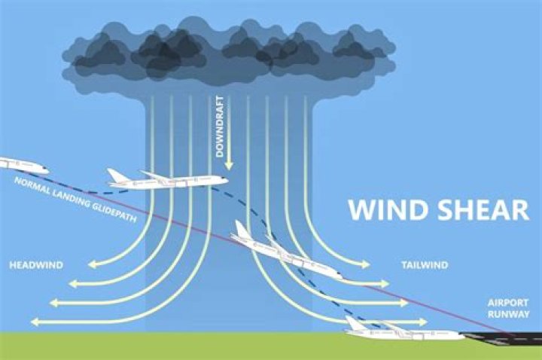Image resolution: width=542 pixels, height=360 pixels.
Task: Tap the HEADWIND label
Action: click(35, 265)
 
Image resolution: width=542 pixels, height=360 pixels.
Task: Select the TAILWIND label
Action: click(425, 265)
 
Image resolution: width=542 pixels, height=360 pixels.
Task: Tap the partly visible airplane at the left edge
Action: click(23, 165)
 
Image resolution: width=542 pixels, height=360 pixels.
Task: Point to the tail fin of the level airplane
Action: click(117, 175)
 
